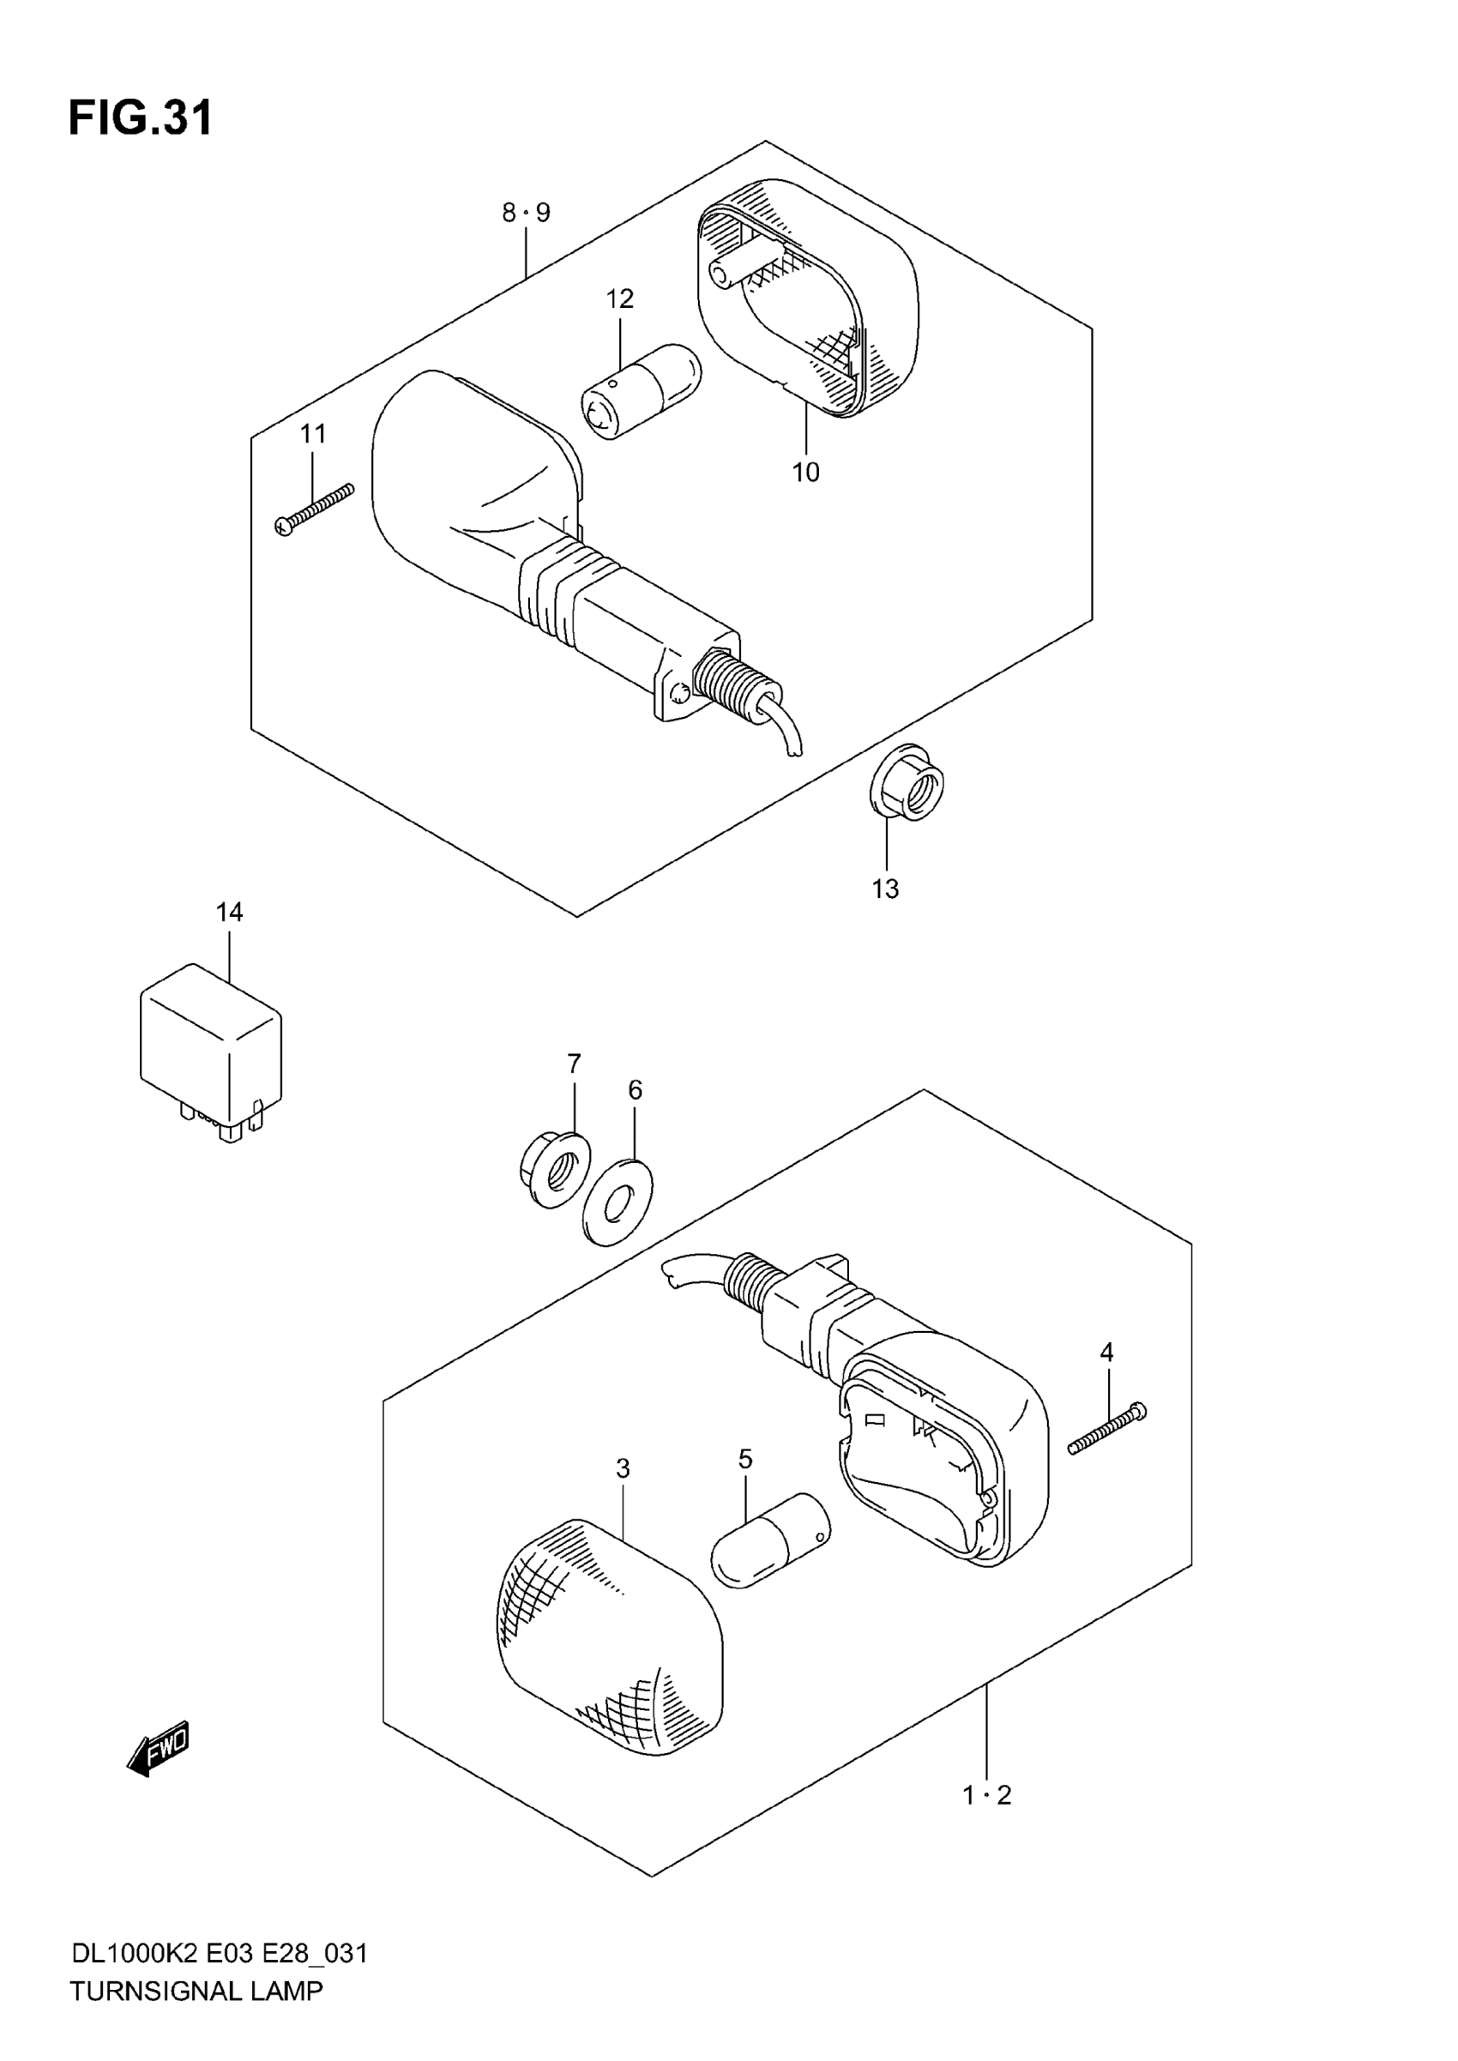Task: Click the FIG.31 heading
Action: tap(141, 118)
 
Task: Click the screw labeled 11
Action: tap(314, 509)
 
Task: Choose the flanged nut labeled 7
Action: tap(554, 1168)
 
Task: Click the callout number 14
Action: tap(229, 912)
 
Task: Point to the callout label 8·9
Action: tap(526, 213)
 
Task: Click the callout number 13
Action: tap(885, 889)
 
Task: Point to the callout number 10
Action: tap(805, 473)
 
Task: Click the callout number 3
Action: tap(623, 1469)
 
